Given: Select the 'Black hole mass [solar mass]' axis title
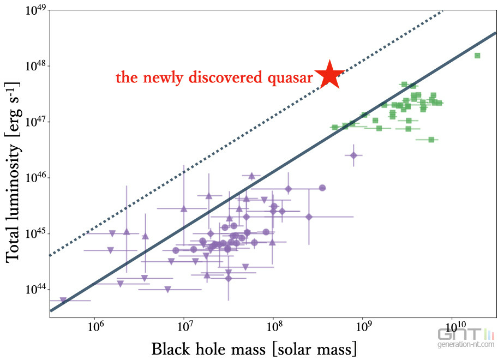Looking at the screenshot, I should pyautogui.click(x=254, y=348).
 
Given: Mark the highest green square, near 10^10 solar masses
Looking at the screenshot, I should pyautogui.click(x=477, y=55).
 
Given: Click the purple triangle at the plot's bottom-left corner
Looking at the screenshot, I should pyautogui.click(x=63, y=300).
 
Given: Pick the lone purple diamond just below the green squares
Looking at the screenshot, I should pyautogui.click(x=353, y=155).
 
